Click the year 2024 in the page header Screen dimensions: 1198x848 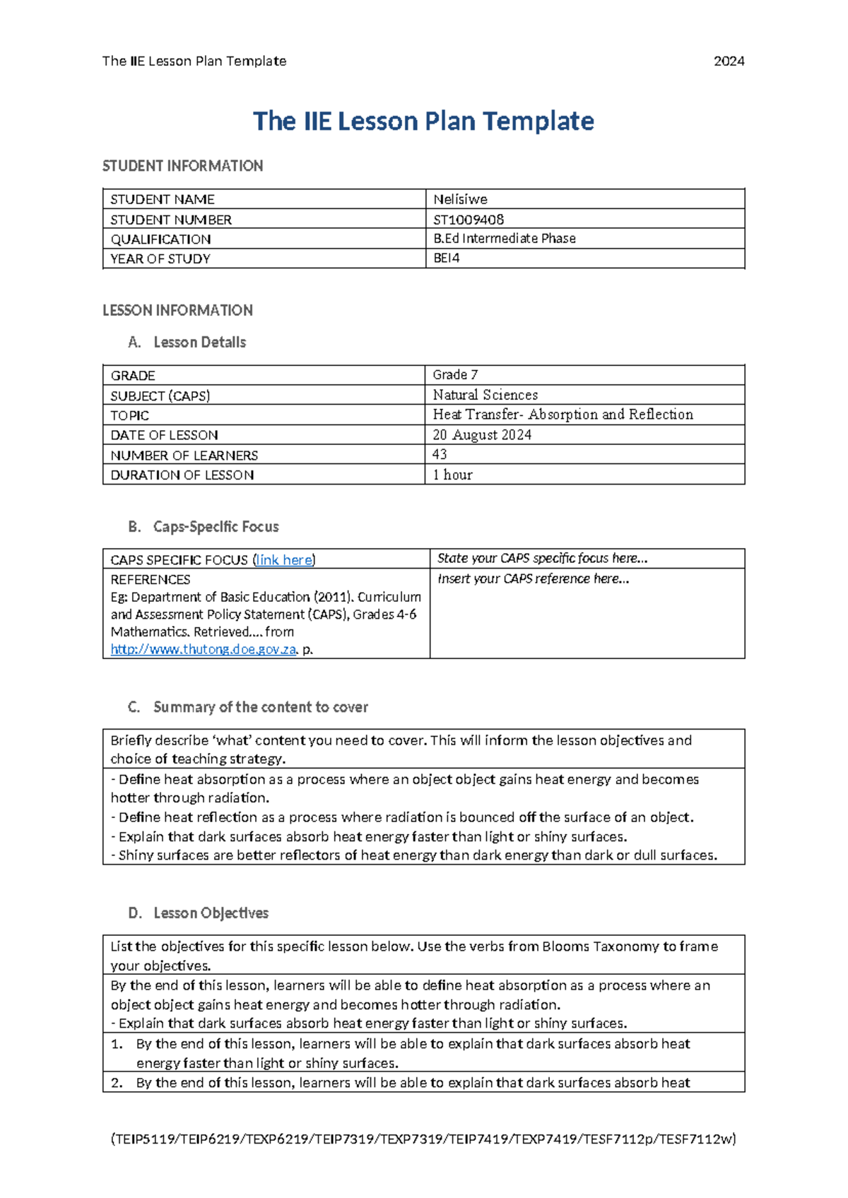[x=729, y=61]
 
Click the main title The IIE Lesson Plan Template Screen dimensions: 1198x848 [x=423, y=121]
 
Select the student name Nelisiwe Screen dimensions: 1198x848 [x=460, y=199]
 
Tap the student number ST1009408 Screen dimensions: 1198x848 [x=469, y=219]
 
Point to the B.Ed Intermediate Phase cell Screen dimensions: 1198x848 [x=505, y=239]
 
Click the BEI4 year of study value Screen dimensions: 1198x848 [x=447, y=259]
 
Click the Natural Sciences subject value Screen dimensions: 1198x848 [x=485, y=395]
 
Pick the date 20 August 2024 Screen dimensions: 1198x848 [x=482, y=435]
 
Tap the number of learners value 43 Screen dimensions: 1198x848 [x=440, y=455]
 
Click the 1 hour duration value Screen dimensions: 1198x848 [x=452, y=475]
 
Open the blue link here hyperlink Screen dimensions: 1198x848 [x=284, y=560]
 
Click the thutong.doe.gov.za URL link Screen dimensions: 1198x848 [x=204, y=649]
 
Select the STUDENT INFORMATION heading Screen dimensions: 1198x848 [x=182, y=166]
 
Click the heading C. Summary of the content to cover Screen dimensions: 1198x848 [x=248, y=707]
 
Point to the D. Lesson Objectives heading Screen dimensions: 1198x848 [x=199, y=913]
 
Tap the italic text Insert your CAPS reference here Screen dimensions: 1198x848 [x=533, y=579]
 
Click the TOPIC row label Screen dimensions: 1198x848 [x=130, y=415]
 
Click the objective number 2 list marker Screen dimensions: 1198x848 [x=117, y=1082]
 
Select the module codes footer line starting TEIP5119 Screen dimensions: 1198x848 [x=423, y=1139]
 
